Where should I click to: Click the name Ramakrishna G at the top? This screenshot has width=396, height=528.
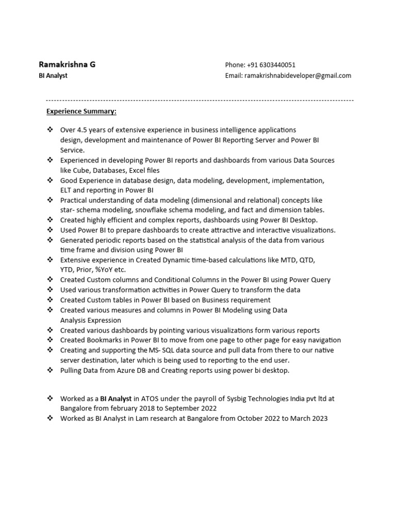pyautogui.click(x=67, y=64)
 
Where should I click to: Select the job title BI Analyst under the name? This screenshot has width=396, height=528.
pyautogui.click(x=53, y=76)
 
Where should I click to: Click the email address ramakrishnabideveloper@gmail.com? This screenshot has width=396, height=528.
pyautogui.click(x=298, y=76)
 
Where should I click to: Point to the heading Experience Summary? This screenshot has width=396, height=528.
pyautogui.click(x=81, y=111)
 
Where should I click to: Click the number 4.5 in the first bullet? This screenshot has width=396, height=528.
pyautogui.click(x=82, y=130)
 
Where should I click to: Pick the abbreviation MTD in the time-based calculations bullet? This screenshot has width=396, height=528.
pyautogui.click(x=290, y=260)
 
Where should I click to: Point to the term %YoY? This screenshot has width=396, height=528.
pyautogui.click(x=103, y=270)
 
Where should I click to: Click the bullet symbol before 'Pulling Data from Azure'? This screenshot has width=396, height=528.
pyautogui.click(x=50, y=370)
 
